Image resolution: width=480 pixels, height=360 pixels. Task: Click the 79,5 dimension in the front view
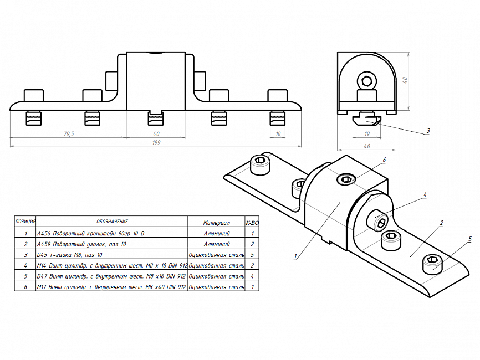(69, 134)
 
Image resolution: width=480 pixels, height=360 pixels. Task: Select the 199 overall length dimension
(156, 142)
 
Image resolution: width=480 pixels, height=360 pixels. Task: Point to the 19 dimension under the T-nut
(367, 134)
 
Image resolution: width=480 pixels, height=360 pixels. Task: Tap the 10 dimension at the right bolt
(278, 134)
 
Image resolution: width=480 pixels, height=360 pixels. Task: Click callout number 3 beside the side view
(428, 131)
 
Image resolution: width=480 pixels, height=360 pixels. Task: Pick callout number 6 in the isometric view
(384, 160)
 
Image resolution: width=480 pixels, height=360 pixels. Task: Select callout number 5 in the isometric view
(470, 239)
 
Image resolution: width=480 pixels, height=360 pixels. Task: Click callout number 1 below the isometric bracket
(295, 256)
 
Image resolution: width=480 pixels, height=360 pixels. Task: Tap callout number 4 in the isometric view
(425, 194)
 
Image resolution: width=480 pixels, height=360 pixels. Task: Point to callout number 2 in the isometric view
(441, 223)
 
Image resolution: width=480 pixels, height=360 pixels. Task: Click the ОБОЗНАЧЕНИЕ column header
(112, 222)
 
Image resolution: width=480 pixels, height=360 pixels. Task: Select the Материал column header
(216, 223)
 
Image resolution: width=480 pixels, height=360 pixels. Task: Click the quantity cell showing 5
(252, 255)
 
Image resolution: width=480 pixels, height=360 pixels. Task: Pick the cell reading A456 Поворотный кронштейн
(90, 233)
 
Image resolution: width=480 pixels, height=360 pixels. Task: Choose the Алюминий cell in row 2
(217, 244)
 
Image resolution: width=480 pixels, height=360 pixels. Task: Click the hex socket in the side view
(367, 81)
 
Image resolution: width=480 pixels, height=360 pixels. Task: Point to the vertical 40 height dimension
(405, 80)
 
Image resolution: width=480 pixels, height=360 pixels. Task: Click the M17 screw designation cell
(111, 287)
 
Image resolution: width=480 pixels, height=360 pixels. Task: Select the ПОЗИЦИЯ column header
(25, 221)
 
